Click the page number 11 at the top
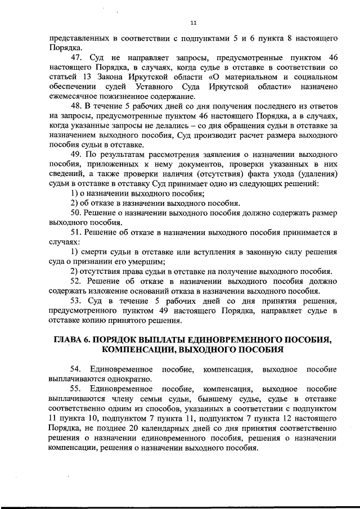coord(193,22)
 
